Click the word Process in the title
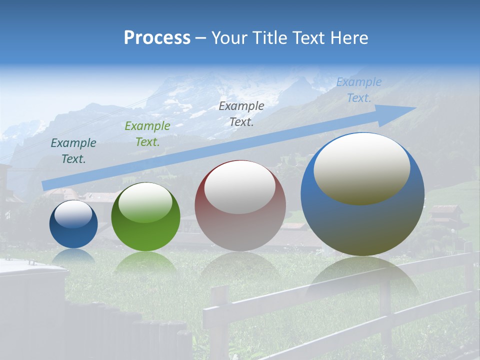pyautogui.click(x=157, y=38)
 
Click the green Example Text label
pyautogui.click(x=147, y=134)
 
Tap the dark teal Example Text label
pyautogui.click(x=73, y=151)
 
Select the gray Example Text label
pyautogui.click(x=241, y=113)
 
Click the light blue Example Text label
pyautogui.click(x=359, y=90)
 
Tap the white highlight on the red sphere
pyautogui.click(x=240, y=187)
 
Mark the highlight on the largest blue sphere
pyautogui.click(x=362, y=167)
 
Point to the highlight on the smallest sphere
pyautogui.click(x=73, y=214)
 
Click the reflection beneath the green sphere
pyautogui.click(x=145, y=262)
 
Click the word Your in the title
pyautogui.click(x=228, y=38)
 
